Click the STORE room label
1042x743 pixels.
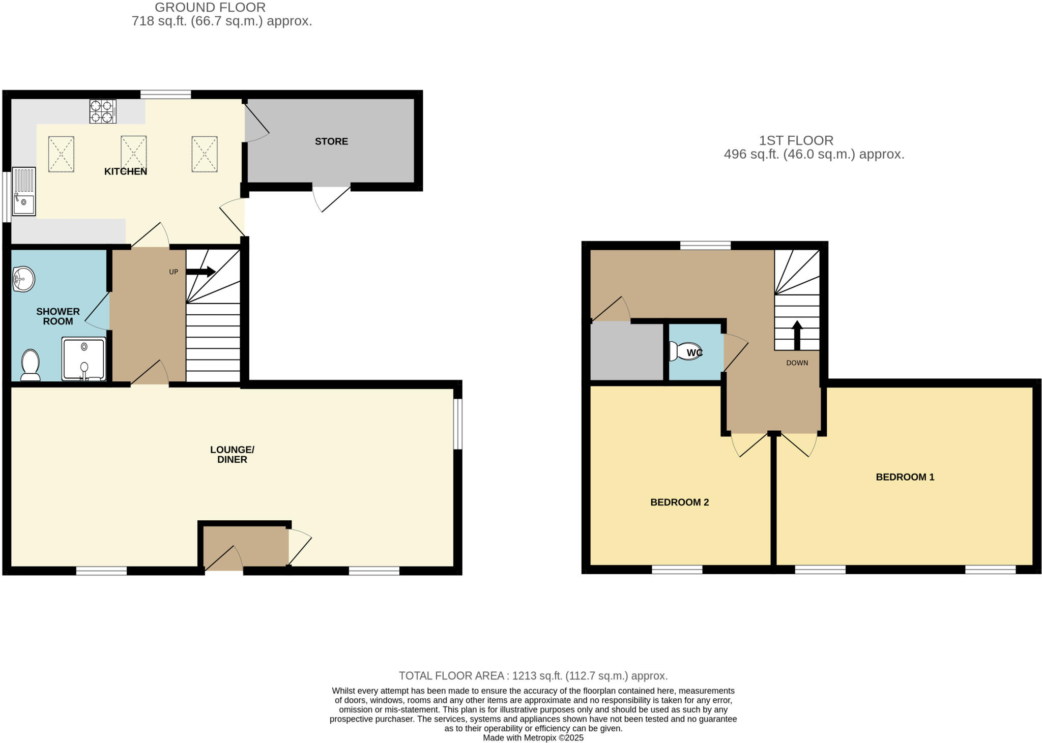[x=331, y=141]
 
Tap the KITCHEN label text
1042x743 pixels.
[x=126, y=171]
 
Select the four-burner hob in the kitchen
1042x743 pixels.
[x=103, y=111]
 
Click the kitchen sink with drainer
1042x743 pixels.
[x=24, y=191]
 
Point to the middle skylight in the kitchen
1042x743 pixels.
[x=133, y=154]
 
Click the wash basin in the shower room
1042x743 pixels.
[x=23, y=279]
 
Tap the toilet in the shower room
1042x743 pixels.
[x=31, y=365]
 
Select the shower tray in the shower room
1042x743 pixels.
[x=84, y=359]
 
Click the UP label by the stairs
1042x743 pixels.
[x=173, y=272]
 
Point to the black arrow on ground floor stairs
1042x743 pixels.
[x=200, y=272]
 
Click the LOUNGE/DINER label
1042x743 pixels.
[x=232, y=454]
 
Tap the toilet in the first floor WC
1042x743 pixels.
[x=685, y=351]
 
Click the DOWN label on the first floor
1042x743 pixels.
[x=797, y=363]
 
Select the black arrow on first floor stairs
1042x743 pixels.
[x=797, y=335]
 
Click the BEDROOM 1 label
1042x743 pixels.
[x=905, y=477]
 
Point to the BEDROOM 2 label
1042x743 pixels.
[x=679, y=502]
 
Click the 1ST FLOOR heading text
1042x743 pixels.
[x=796, y=140]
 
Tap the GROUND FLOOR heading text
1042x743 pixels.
[x=210, y=8]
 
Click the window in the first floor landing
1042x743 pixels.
[x=705, y=246]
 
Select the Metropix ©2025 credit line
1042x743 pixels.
[x=533, y=737]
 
